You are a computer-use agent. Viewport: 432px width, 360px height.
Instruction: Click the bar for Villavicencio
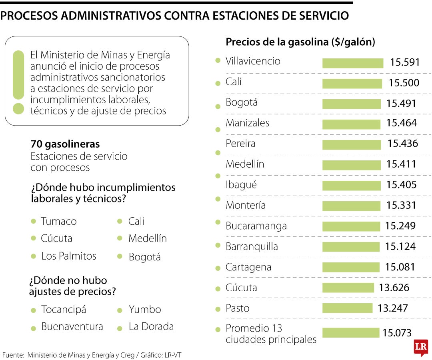pos(352,63)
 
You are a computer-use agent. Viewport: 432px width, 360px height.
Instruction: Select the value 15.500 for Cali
pos(404,83)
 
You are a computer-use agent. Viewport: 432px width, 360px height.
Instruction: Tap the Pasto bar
pos(347,308)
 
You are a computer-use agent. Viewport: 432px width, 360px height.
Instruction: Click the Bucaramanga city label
pos(256,226)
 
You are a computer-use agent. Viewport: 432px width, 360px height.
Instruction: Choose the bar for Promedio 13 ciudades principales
pos(350,333)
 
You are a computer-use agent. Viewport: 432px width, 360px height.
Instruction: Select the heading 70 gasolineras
pos(65,144)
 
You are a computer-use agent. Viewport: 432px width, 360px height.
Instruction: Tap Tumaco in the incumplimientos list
pos(58,221)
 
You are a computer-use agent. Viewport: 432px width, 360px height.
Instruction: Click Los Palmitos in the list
pos(68,256)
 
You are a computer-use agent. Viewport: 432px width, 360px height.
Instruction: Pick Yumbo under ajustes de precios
pos(144,310)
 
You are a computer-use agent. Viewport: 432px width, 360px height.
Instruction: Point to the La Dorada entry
pos(151,326)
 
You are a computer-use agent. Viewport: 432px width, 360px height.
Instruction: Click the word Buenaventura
pos(72,326)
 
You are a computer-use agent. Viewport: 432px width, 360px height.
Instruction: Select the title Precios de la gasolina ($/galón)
pos(300,42)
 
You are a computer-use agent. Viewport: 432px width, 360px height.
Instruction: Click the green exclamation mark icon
pos(18,82)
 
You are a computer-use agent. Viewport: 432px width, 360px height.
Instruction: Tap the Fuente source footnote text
pos(94,355)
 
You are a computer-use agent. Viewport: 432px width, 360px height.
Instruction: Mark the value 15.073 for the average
pos(397,333)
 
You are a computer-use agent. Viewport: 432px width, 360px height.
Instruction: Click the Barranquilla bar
pos(351,246)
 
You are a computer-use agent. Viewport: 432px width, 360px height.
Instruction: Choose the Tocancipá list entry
pos(63,310)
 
